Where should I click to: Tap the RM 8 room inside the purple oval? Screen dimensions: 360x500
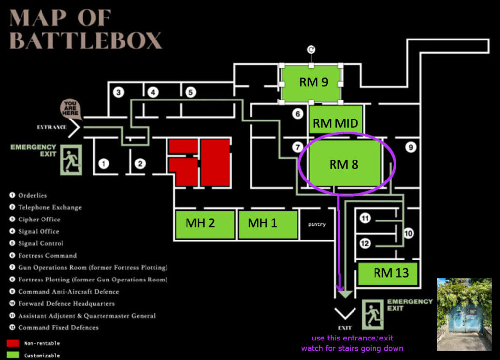point(344,164)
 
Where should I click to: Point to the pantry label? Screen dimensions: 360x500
point(316,225)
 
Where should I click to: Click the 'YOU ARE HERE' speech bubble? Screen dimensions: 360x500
point(71,108)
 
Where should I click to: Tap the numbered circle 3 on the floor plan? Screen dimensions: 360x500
point(118,92)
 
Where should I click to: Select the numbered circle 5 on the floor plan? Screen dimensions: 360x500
point(190,92)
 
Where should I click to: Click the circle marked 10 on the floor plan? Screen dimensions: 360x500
point(408,233)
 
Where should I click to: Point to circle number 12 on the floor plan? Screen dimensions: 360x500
point(365,242)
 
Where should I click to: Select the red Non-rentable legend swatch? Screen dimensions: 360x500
point(13,343)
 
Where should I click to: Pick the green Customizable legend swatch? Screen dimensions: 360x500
point(13,355)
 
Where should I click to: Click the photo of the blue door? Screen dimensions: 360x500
point(464,314)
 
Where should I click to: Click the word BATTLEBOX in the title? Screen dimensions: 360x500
point(85,40)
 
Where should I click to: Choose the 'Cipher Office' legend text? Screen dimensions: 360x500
point(39,220)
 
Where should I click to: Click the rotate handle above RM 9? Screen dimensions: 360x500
point(311,49)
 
